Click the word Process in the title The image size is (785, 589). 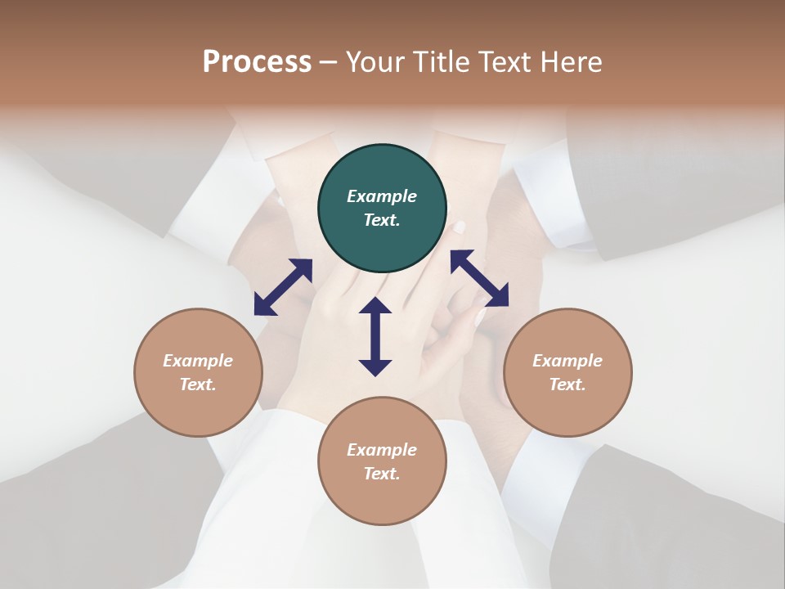(x=257, y=62)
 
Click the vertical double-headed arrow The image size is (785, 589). (x=375, y=336)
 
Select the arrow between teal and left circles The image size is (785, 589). (x=283, y=287)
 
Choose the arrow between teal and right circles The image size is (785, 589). (x=479, y=278)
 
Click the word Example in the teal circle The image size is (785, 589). (x=382, y=196)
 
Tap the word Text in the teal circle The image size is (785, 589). (x=381, y=220)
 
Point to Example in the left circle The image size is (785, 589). (x=198, y=361)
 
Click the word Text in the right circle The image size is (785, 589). (x=567, y=384)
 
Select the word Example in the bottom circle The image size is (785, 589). (x=382, y=450)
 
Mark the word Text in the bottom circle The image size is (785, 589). (x=381, y=474)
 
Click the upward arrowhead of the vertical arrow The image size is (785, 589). (x=375, y=306)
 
